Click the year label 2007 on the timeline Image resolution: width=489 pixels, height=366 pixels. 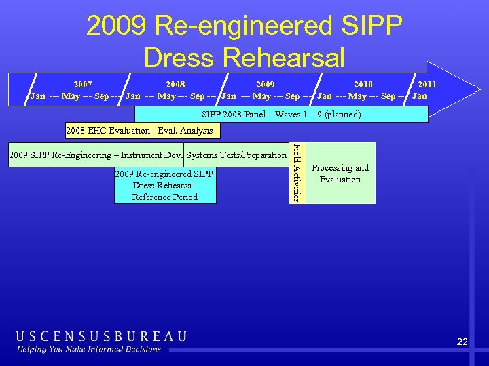83,85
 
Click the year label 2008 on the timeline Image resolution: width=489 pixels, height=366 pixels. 175,85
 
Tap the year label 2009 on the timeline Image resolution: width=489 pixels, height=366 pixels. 266,85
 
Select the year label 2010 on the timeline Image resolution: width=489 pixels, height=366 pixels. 363,85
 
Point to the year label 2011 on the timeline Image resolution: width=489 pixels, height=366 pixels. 427,85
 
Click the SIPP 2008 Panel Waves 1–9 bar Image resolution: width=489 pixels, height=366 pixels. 281,115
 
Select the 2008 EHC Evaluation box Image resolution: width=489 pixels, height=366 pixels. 107,130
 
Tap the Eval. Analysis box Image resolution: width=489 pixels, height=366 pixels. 185,130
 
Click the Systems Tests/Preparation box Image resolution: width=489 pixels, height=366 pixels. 236,155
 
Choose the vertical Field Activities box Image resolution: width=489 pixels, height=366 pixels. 297,173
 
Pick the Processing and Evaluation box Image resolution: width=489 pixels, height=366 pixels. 340,174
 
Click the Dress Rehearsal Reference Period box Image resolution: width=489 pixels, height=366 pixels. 165,186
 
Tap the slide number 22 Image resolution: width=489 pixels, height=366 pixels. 462,342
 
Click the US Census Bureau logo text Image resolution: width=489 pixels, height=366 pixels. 101,336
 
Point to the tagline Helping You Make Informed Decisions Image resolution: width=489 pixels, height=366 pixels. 89,350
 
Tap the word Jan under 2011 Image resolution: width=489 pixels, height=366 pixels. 420,96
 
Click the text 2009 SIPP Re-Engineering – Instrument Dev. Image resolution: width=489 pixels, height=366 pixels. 95,155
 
